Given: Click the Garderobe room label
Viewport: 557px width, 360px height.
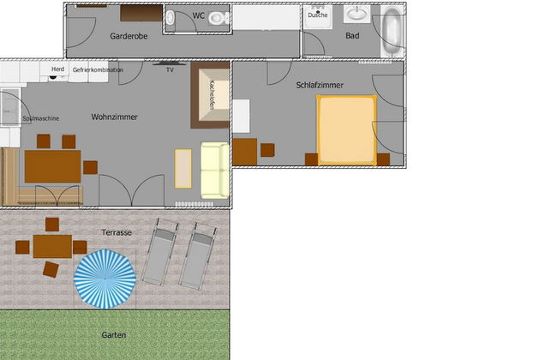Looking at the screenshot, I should pos(130,36).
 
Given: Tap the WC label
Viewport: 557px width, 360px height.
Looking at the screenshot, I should pos(199,15).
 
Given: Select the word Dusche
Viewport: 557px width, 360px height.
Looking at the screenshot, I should pos(317,15).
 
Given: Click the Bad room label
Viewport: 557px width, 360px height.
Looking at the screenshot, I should pos(352,36).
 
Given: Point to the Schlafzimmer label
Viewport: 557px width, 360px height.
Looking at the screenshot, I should pos(320,85).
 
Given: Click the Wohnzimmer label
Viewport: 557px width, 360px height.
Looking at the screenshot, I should pos(115,117).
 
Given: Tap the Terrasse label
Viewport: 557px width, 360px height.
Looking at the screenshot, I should pos(117,232).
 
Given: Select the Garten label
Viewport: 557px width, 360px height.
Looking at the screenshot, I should pos(114,334).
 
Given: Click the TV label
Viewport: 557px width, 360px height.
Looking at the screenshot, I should pos(170,70).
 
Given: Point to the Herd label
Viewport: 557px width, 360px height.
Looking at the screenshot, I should pos(57,69).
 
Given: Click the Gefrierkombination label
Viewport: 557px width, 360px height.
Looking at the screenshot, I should pos(98,69).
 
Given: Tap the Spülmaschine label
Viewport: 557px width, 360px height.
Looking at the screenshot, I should pos(41,118).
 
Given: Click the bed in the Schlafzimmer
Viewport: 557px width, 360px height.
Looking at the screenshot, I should pos(346,129).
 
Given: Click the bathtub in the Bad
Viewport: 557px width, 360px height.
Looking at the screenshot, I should pos(391,33).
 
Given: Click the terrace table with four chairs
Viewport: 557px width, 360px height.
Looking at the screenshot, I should pos(52,247).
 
